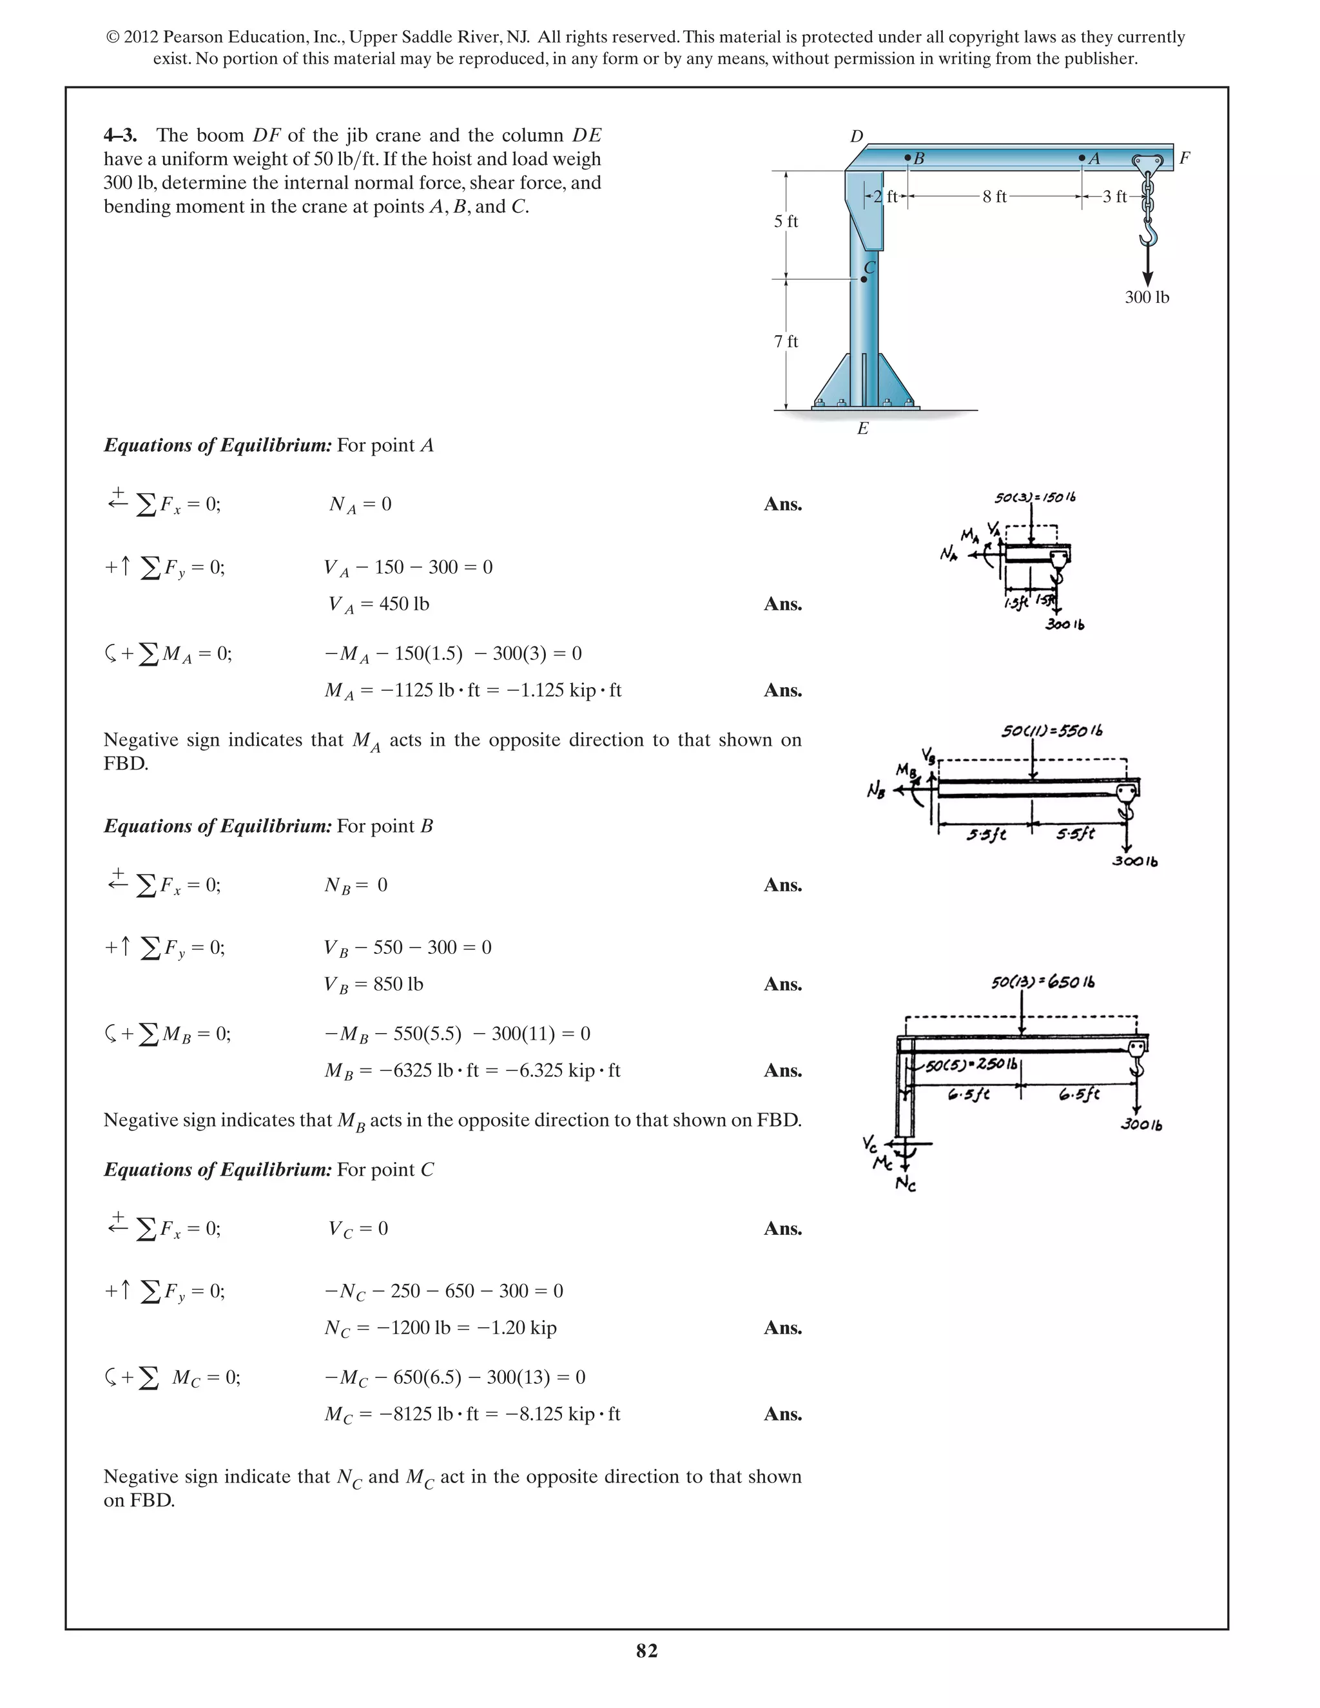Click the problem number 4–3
click(x=120, y=135)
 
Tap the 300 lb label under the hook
click(x=1147, y=297)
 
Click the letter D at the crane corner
click(x=857, y=136)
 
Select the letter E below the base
click(x=862, y=429)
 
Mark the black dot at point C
click(x=863, y=279)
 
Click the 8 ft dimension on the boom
click(x=994, y=197)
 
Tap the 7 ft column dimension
click(x=786, y=342)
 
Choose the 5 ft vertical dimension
click(x=786, y=221)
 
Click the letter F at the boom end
click(x=1184, y=158)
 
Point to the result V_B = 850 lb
click(x=374, y=984)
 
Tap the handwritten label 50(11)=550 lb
click(x=1052, y=732)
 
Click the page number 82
click(x=646, y=1651)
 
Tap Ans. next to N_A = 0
click(x=782, y=505)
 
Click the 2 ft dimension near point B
click(x=885, y=197)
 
